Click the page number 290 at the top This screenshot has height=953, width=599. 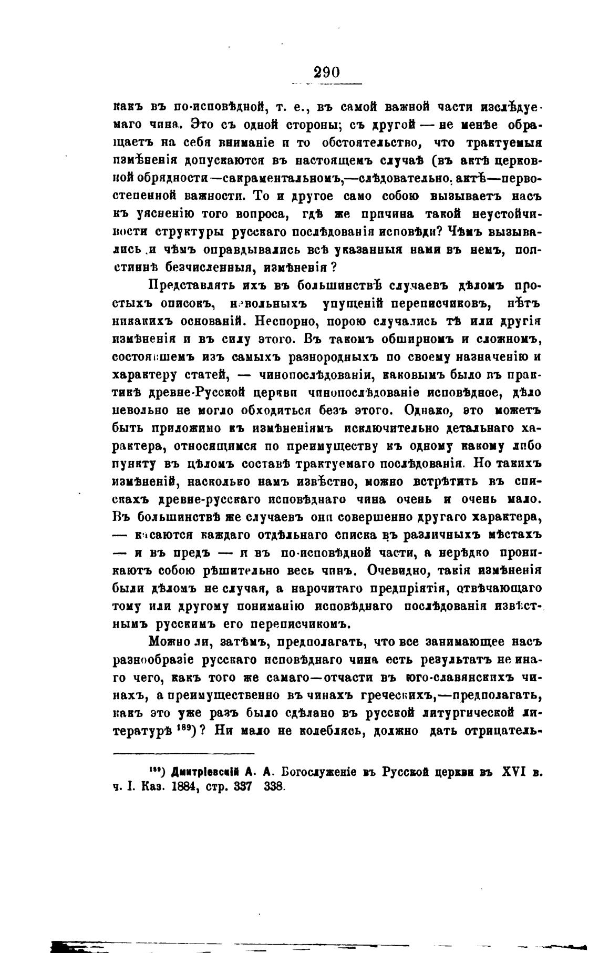click(326, 72)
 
